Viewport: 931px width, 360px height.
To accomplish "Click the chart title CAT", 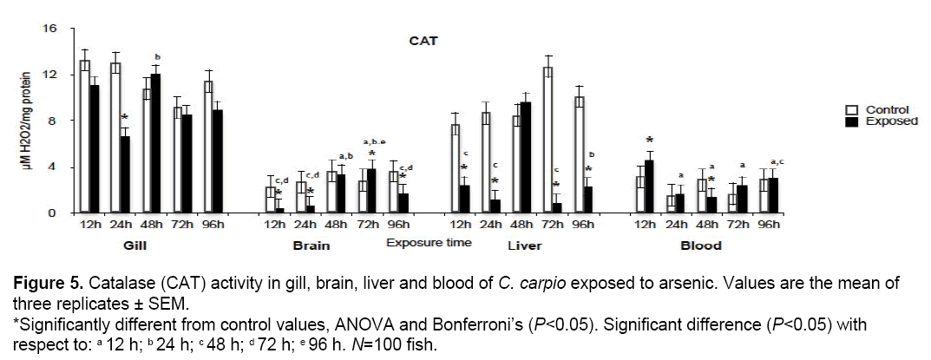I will tap(423, 40).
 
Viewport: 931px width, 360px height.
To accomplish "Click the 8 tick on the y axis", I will tap(53, 121).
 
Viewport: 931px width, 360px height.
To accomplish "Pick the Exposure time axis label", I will tap(429, 242).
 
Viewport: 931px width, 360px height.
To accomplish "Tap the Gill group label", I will tap(134, 245).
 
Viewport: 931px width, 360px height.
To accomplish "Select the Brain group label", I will tap(310, 245).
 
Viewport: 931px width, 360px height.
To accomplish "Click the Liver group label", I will tap(524, 245).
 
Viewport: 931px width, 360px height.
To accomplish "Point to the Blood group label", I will tap(701, 245).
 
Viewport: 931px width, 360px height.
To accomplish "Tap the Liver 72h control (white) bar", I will tap(547, 140).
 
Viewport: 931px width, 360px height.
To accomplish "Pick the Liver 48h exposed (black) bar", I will tap(526, 157).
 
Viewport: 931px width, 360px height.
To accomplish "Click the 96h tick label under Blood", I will tap(769, 225).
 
